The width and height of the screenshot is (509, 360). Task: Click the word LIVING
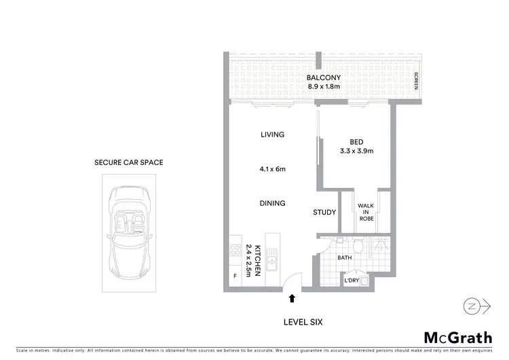pos(272,135)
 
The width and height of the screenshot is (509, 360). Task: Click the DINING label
pos(272,203)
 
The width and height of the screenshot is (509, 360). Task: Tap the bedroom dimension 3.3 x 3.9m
pos(356,151)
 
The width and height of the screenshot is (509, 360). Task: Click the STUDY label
pos(324,213)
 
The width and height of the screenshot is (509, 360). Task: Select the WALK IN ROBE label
pos(367,212)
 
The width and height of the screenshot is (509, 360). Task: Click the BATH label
pos(345,257)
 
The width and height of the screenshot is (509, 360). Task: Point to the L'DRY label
pos(352,280)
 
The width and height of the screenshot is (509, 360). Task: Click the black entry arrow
pos(292,297)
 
